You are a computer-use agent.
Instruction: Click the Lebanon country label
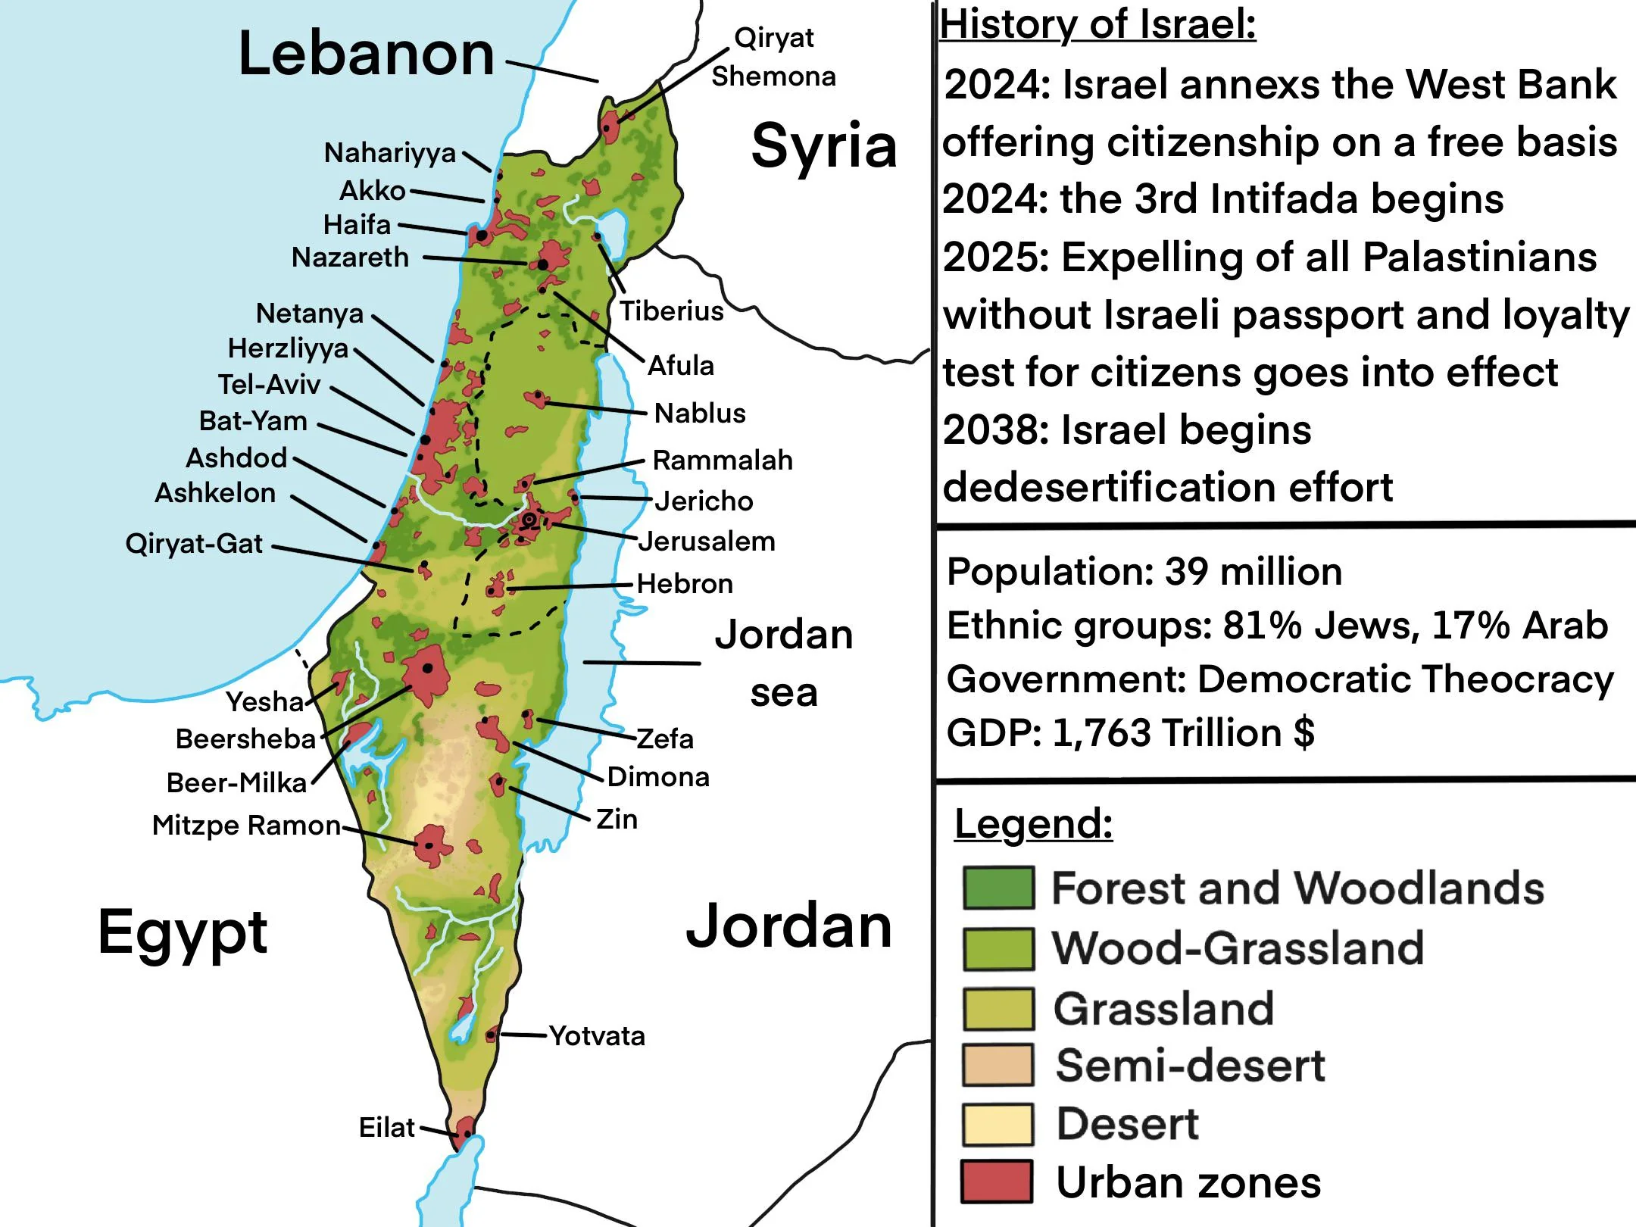[366, 55]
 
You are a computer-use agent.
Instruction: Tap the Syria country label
[823, 145]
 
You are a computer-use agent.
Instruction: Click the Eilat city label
[386, 1128]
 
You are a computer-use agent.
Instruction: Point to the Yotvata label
[597, 1036]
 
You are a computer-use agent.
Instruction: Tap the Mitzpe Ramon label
[246, 826]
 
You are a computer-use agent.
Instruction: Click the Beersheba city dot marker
[428, 668]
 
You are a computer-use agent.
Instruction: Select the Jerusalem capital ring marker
[529, 520]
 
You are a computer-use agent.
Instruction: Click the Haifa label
[357, 225]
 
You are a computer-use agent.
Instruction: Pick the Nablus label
[700, 414]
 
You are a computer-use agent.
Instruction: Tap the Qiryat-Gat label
[194, 544]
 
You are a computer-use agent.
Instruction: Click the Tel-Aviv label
[269, 385]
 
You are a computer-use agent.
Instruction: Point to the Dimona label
[658, 777]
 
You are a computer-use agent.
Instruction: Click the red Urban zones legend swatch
[997, 1182]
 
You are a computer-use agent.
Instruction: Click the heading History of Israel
[1097, 24]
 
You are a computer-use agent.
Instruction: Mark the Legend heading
[1033, 824]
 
